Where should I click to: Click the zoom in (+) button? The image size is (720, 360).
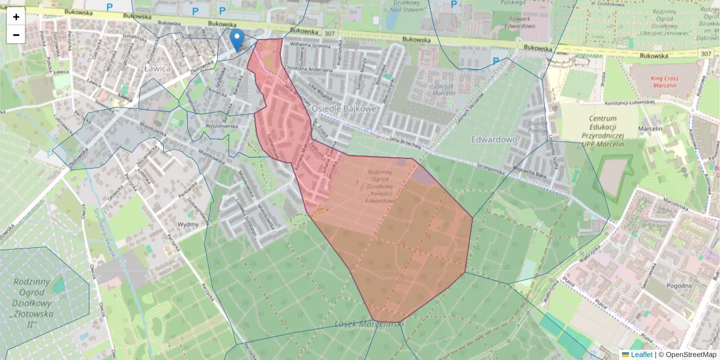pos(16,17)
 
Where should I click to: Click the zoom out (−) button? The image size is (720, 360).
pos(16,35)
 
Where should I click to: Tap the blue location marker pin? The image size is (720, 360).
pos(237,40)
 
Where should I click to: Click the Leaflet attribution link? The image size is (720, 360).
pos(641,355)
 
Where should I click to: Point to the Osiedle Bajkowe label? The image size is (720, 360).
pos(344,109)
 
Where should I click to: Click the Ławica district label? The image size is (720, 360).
pos(158,68)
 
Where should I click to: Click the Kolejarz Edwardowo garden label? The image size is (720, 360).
pos(384,187)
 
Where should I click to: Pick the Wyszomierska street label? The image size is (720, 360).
pos(223,127)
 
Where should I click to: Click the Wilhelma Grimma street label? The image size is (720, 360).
pos(311,45)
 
